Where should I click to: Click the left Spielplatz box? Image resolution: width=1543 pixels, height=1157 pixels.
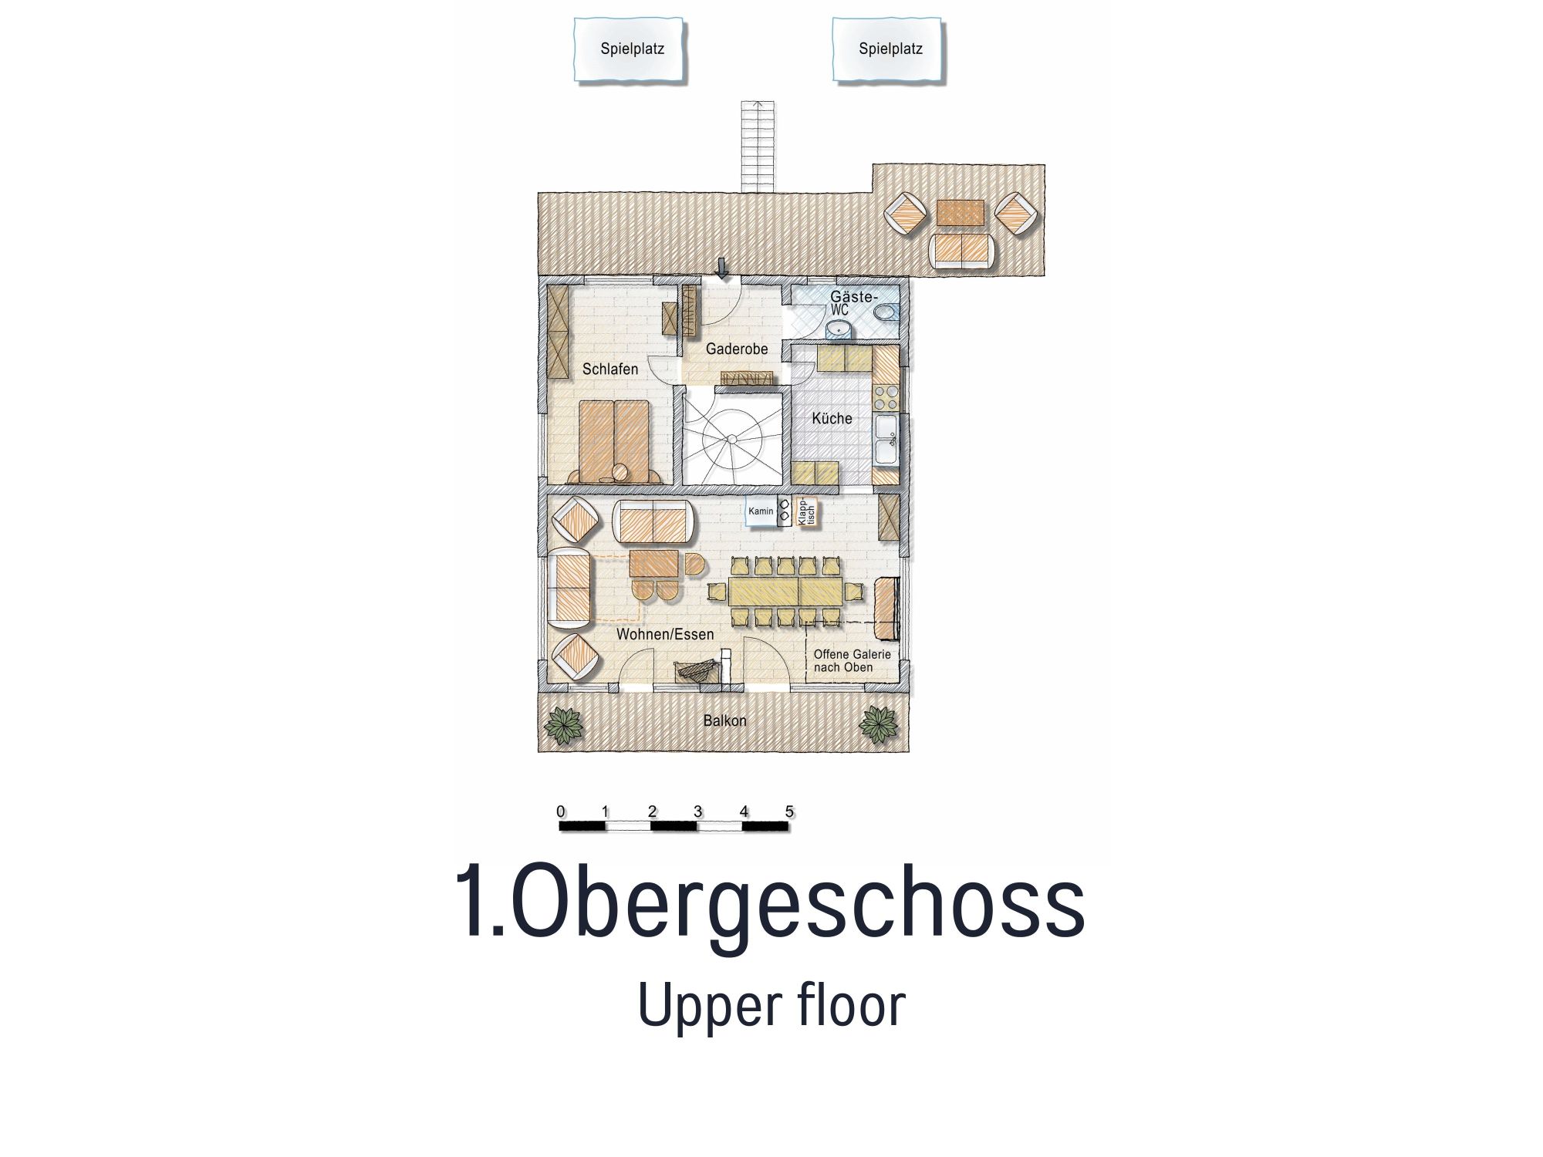pos(630,49)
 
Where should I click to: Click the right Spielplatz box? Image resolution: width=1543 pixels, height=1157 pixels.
pos(888,49)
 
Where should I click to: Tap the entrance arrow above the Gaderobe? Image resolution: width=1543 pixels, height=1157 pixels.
pos(722,268)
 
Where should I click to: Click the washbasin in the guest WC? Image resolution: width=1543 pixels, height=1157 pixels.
pos(839,330)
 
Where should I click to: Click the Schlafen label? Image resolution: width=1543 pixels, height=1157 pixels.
pos(610,369)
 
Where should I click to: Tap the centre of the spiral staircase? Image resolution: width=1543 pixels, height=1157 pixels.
pos(731,438)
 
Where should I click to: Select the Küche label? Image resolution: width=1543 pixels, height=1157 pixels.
pos(832,419)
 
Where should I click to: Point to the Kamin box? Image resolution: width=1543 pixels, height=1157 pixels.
pos(761,511)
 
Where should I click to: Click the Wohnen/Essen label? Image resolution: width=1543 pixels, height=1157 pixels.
pos(665,635)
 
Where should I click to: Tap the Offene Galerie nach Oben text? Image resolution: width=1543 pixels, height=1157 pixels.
pos(852,661)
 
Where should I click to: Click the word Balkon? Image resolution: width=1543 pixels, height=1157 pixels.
pos(725,721)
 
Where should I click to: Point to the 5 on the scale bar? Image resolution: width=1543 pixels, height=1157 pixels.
pos(789,811)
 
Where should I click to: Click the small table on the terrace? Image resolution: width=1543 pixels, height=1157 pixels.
pos(961,214)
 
